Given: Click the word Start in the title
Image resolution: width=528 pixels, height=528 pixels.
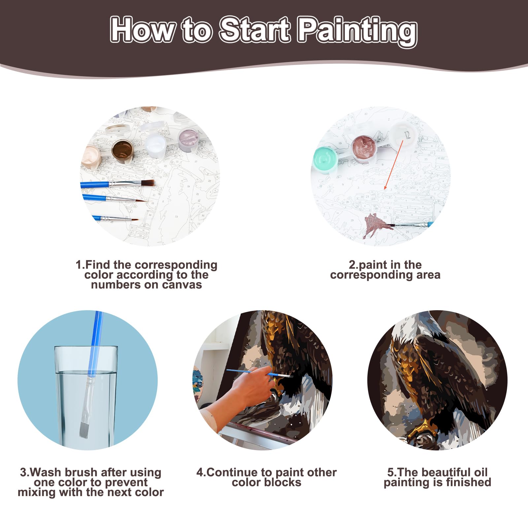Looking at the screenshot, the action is pyautogui.click(x=255, y=30).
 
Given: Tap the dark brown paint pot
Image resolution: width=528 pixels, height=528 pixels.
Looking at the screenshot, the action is pyautogui.click(x=122, y=150).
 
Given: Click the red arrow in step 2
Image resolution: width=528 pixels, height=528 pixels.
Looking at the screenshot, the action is pyautogui.click(x=394, y=165).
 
